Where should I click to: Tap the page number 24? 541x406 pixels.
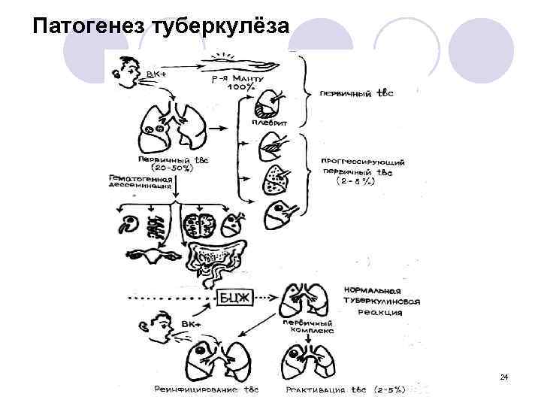click(x=504, y=376)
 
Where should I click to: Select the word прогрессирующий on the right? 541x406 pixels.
click(x=364, y=160)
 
